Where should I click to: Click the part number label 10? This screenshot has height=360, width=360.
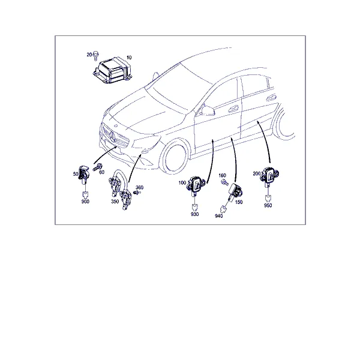click(x=129, y=58)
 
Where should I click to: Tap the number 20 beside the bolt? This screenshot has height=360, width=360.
click(x=89, y=55)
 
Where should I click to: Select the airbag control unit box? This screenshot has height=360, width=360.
click(x=112, y=70)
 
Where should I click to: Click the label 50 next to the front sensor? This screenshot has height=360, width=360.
click(x=76, y=174)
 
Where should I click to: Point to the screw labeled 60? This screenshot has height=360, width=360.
click(x=98, y=167)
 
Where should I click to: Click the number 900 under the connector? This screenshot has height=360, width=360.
click(x=85, y=202)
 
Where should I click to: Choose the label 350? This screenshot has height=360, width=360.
click(x=115, y=202)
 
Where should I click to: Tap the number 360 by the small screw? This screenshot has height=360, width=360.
click(x=139, y=188)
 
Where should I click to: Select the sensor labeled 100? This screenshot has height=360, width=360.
click(x=196, y=184)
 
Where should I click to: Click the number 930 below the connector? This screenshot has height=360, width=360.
click(x=194, y=214)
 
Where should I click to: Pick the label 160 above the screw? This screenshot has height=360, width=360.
click(x=222, y=175)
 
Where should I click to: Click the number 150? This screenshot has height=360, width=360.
click(x=239, y=202)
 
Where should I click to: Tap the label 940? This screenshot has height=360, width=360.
click(x=219, y=216)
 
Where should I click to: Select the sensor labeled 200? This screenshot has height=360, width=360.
click(x=270, y=175)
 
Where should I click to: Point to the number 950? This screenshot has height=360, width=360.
click(x=268, y=205)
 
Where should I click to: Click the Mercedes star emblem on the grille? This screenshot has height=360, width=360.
click(x=113, y=137)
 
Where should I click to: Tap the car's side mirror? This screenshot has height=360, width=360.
click(x=208, y=111)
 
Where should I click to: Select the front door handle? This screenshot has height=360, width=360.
click(x=233, y=109)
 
